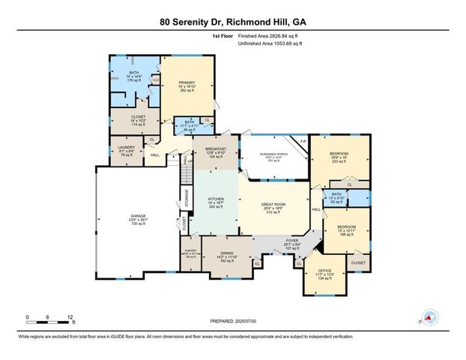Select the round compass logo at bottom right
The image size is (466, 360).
429,318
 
